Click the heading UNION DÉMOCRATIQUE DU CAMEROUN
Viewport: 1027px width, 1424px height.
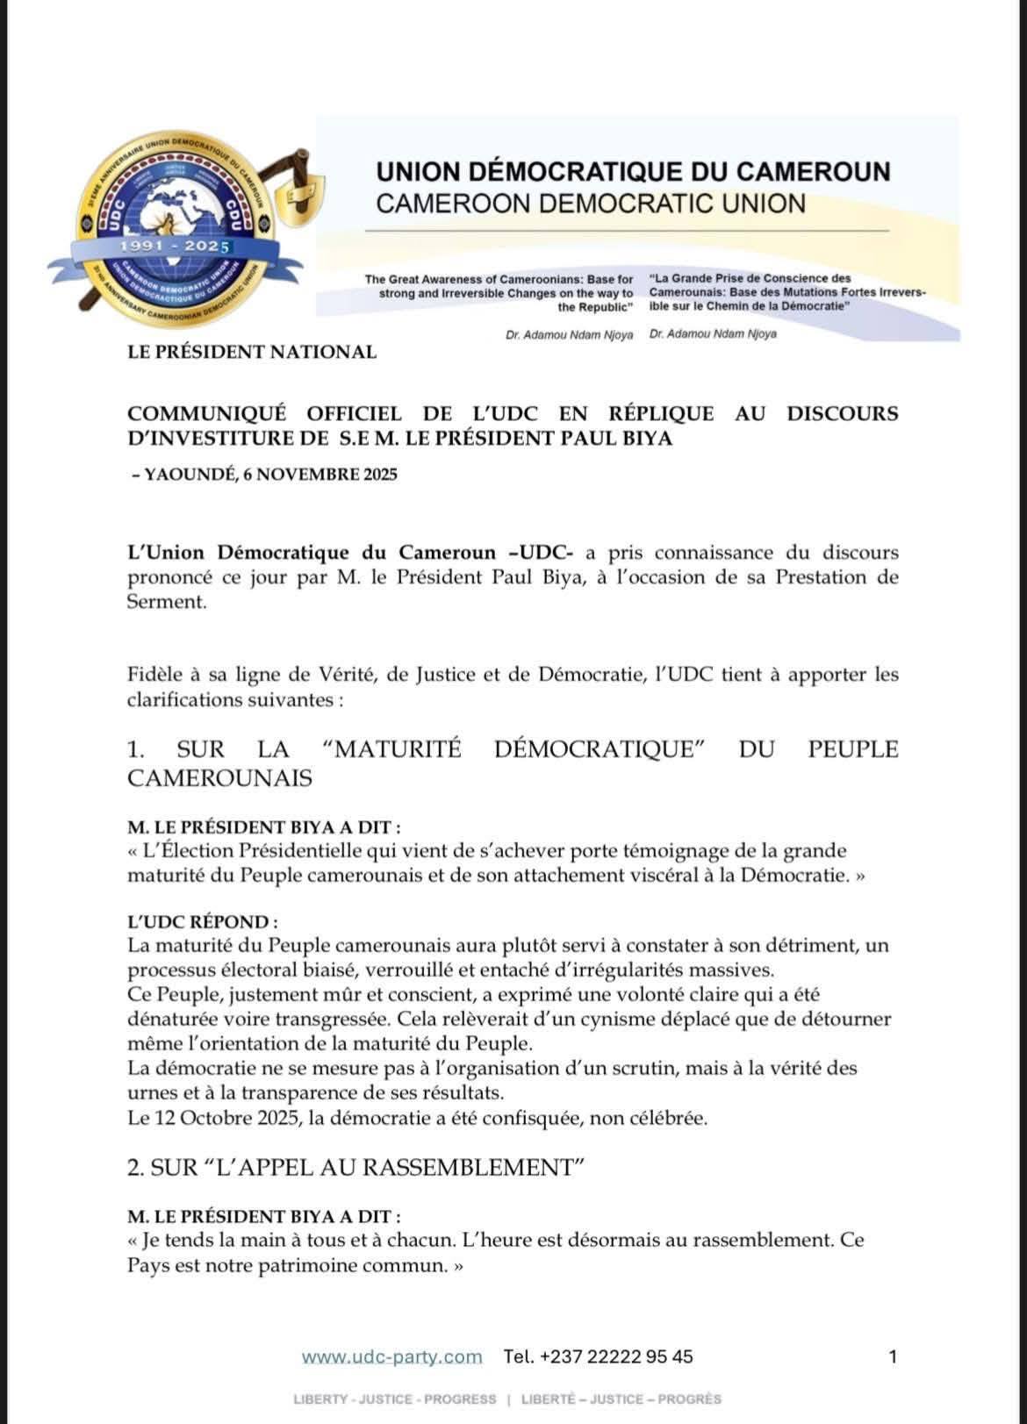(633, 171)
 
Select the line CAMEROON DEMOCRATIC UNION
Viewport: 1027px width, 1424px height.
(590, 204)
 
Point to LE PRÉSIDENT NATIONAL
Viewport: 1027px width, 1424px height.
(252, 353)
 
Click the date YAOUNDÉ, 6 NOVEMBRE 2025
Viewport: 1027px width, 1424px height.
(269, 475)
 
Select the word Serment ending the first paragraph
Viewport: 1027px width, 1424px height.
(167, 603)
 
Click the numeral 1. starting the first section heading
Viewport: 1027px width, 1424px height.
(136, 749)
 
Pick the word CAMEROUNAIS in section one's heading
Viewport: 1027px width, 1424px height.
(219, 777)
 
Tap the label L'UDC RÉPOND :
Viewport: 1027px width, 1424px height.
(203, 922)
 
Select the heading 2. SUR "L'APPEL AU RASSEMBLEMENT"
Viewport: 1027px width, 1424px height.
(356, 1168)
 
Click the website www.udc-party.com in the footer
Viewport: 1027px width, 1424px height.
(391, 1356)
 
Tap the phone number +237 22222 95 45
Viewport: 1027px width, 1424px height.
(616, 1356)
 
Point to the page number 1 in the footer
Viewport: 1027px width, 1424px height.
(893, 1356)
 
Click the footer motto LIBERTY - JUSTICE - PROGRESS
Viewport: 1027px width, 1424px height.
(394, 1399)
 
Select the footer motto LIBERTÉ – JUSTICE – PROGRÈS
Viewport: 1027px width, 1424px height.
(621, 1399)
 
